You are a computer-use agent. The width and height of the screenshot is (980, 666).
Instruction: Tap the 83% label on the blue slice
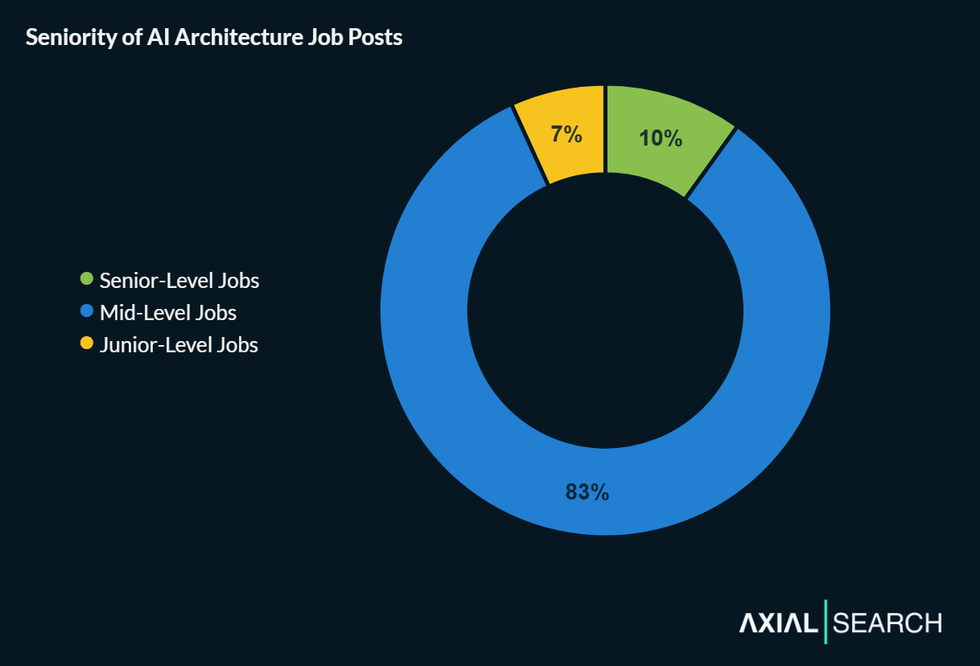click(x=587, y=492)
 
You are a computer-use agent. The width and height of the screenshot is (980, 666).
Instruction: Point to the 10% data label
click(x=661, y=138)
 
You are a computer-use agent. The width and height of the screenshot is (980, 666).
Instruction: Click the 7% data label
click(x=566, y=134)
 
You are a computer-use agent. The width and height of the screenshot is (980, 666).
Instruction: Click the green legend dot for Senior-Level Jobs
click(x=87, y=280)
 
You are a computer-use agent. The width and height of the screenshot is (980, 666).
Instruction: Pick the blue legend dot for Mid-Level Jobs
click(x=87, y=311)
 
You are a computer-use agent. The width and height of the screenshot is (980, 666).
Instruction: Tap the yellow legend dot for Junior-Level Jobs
click(x=87, y=343)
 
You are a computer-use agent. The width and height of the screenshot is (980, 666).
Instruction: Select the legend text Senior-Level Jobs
click(x=179, y=281)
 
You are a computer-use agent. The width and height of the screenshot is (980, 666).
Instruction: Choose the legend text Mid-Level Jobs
click(x=168, y=312)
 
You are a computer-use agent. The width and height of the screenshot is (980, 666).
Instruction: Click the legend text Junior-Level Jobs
click(x=179, y=345)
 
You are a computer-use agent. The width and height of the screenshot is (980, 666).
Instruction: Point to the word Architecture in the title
click(x=228, y=38)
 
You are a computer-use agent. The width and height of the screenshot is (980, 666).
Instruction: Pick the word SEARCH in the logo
click(x=887, y=623)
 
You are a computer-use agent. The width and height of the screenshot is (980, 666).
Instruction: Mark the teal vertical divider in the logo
click(x=826, y=622)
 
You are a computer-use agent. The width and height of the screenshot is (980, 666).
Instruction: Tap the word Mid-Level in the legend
click(x=146, y=312)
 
